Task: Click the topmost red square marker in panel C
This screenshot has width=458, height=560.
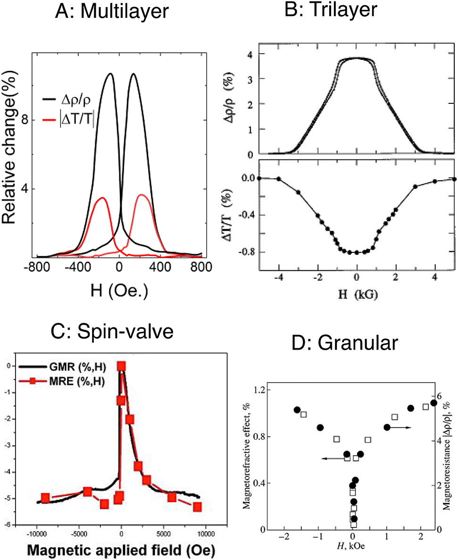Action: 121,367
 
